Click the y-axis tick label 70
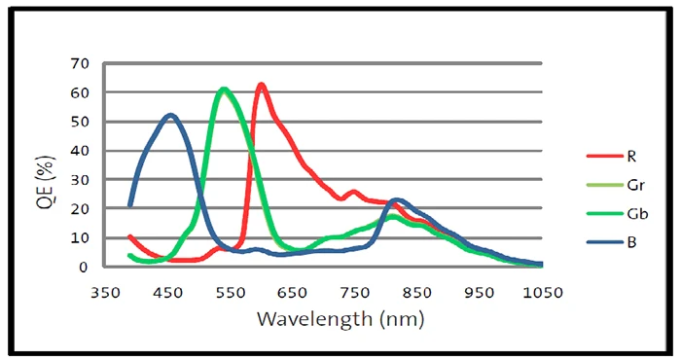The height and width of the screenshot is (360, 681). pyautogui.click(x=80, y=64)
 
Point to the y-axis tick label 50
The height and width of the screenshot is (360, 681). pyautogui.click(x=80, y=122)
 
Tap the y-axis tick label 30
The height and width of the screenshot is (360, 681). pyautogui.click(x=80, y=180)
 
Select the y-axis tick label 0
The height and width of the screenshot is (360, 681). pyautogui.click(x=83, y=267)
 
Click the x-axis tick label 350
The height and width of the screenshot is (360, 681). pyautogui.click(x=105, y=293)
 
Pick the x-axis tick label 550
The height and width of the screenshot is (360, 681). pyautogui.click(x=231, y=293)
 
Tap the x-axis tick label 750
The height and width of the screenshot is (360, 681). pyautogui.click(x=355, y=293)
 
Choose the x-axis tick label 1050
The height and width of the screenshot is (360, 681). pyautogui.click(x=543, y=293)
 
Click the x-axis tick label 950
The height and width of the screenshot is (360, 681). pyautogui.click(x=480, y=293)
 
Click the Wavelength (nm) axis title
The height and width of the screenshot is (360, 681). pyautogui.click(x=340, y=319)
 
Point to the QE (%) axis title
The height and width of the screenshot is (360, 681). pyautogui.click(x=46, y=182)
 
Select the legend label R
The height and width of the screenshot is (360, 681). pyautogui.click(x=631, y=156)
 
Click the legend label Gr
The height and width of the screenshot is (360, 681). pyautogui.click(x=635, y=185)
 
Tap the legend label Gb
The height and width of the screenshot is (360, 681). pyautogui.click(x=637, y=214)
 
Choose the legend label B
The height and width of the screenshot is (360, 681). pyautogui.click(x=631, y=242)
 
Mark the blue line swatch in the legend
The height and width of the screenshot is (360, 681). pyautogui.click(x=605, y=242)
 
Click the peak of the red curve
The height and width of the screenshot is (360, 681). pyautogui.click(x=261, y=85)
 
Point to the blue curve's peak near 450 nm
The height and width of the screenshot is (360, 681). pyautogui.click(x=170, y=115)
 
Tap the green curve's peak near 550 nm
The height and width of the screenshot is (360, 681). pyautogui.click(x=223, y=89)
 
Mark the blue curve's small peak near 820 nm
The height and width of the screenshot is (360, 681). pyautogui.click(x=397, y=200)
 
